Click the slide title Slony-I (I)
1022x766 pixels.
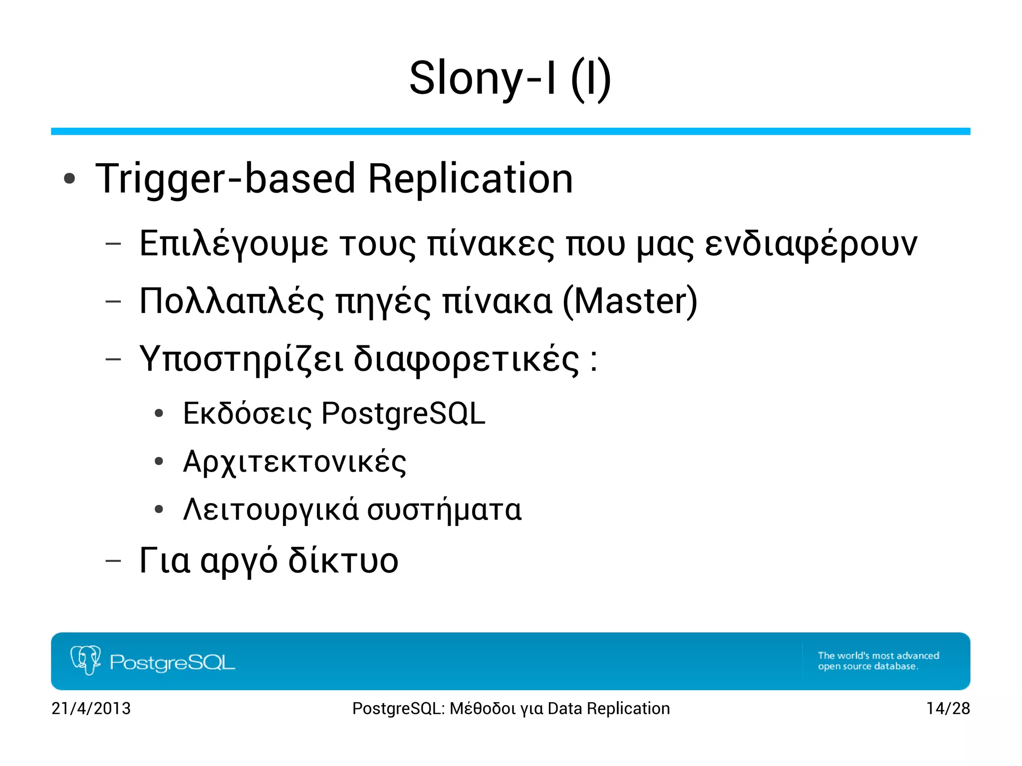pyautogui.click(x=510, y=78)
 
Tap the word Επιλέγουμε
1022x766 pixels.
pyautogui.click(x=234, y=244)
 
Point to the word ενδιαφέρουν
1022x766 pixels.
pyautogui.click(x=811, y=244)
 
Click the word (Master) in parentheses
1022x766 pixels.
pyautogui.click(x=630, y=301)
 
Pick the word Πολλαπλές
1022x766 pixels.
pyautogui.click(x=232, y=301)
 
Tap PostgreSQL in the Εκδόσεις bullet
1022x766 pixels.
pyautogui.click(x=403, y=414)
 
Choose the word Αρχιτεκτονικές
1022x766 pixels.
pyautogui.click(x=294, y=462)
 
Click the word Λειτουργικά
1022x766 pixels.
pyautogui.click(x=270, y=510)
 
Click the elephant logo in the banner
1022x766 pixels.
pyautogui.click(x=85, y=660)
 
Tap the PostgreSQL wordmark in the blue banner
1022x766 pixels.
pyautogui.click(x=172, y=663)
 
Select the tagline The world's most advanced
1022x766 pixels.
pyautogui.click(x=878, y=656)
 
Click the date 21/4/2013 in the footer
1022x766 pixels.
pyautogui.click(x=91, y=709)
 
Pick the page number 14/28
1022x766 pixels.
pyautogui.click(x=948, y=709)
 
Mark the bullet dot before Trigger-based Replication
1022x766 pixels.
pyautogui.click(x=69, y=179)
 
